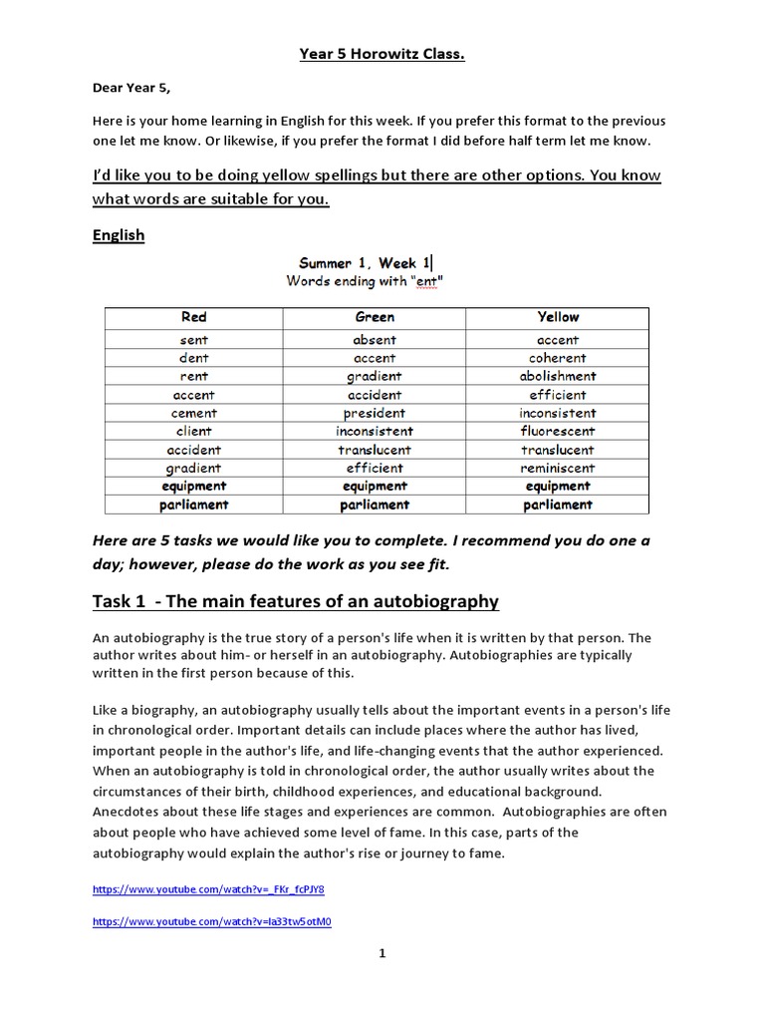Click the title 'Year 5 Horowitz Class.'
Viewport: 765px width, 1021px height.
(382, 54)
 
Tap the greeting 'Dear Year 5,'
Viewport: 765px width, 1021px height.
(131, 88)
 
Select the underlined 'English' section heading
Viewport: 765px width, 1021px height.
(119, 235)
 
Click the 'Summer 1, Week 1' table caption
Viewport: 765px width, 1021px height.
(365, 263)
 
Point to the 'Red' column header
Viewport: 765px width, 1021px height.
(194, 317)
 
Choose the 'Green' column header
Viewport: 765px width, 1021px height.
(375, 317)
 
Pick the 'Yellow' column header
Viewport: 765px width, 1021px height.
(557, 317)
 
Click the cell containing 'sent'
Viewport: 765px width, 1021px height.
(194, 340)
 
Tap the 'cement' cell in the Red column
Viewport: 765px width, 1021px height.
(194, 413)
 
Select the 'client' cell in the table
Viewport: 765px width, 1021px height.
(194, 432)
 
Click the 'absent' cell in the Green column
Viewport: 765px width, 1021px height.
(375, 340)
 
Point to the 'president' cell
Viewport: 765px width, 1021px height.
(375, 413)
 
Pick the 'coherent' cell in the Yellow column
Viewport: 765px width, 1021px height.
(557, 358)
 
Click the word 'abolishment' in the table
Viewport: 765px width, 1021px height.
(557, 377)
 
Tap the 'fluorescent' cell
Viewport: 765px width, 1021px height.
(557, 432)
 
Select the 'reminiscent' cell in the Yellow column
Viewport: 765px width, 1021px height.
(557, 468)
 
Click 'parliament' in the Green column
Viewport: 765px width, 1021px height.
(375, 505)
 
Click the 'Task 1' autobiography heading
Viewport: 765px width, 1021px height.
(295, 601)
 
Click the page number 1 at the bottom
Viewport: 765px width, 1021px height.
(382, 953)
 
